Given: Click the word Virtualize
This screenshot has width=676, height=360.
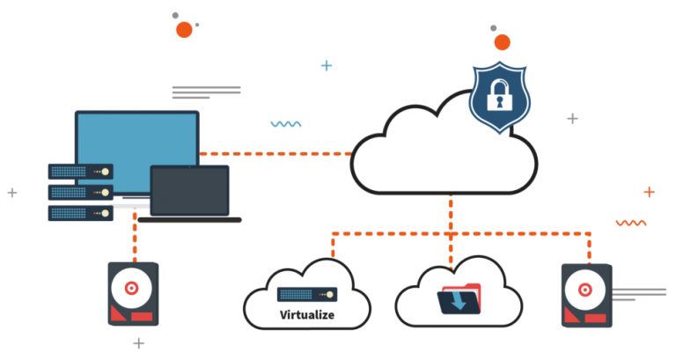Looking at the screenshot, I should [306, 314].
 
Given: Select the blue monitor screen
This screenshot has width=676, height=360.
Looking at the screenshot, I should [136, 150].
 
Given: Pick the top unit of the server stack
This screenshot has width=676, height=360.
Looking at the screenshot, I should [80, 171].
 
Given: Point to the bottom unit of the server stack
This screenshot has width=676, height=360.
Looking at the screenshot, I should [80, 212].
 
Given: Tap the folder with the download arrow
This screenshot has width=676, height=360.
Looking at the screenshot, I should [459, 299].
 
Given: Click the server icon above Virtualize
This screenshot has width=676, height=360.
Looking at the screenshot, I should [306, 295].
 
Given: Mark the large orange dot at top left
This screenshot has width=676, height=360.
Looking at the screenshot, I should [184, 30].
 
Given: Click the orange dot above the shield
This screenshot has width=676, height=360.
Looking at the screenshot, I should [502, 42].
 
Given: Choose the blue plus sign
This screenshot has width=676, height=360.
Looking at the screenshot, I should [327, 65].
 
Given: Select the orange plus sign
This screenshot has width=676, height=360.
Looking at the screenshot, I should [649, 191].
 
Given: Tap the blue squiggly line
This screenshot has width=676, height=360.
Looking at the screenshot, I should [285, 124].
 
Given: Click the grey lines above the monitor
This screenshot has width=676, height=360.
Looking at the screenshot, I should [205, 92].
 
